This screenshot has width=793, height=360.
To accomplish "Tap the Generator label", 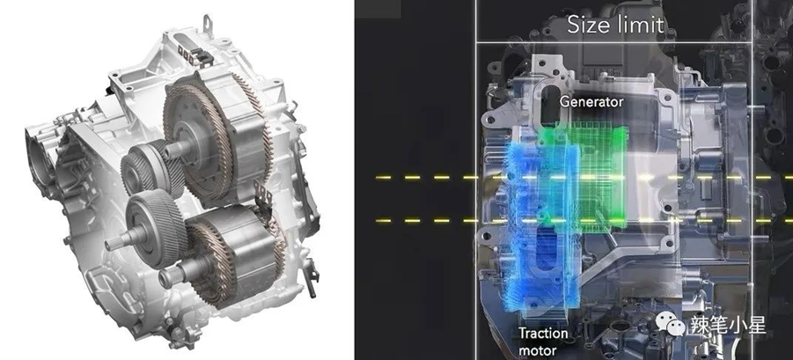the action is coord(591,102).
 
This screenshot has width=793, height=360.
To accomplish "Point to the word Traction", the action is coord(543,334).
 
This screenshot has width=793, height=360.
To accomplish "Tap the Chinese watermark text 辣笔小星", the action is coord(726,325).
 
